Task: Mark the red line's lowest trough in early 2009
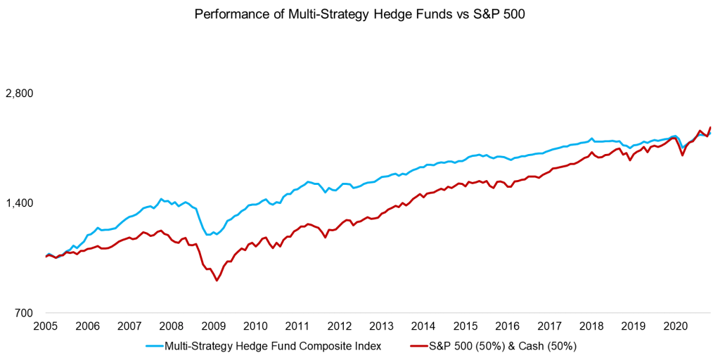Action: click(217, 281)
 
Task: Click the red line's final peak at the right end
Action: click(710, 127)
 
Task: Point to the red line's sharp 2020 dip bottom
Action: click(682, 155)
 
